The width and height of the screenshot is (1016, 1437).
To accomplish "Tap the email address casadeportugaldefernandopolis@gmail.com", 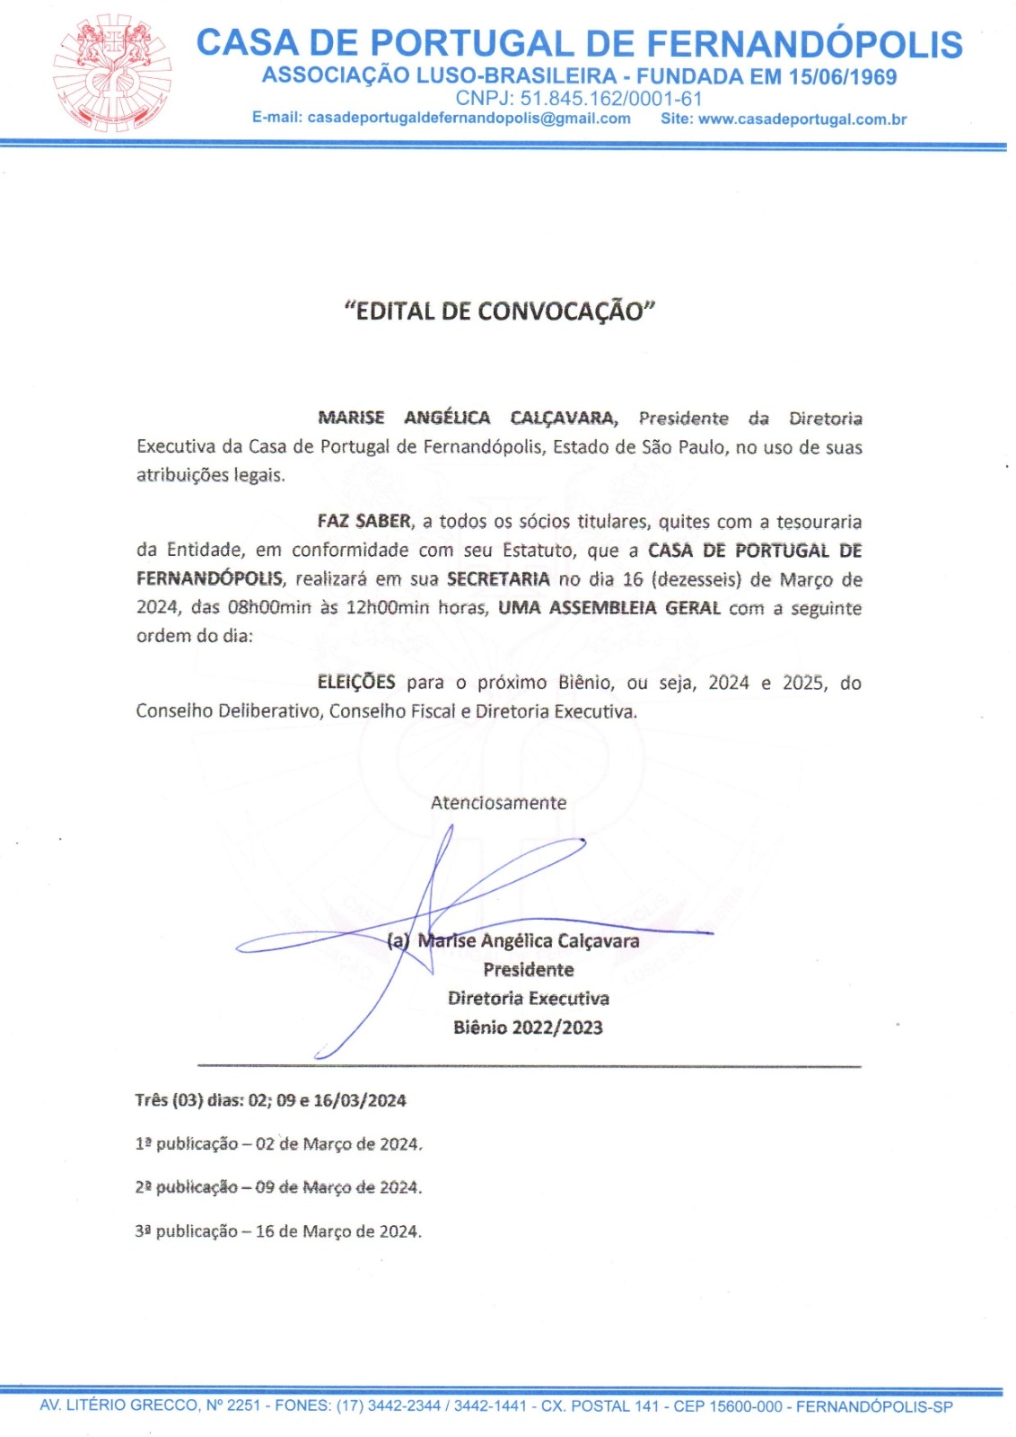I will tap(469, 119).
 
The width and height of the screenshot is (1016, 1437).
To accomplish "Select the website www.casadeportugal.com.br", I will tap(801, 119).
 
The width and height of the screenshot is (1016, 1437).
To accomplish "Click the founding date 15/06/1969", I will tap(843, 77).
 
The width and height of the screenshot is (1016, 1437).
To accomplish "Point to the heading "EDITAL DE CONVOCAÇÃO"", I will tap(500, 312).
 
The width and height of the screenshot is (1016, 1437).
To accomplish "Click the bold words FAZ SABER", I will tap(363, 522).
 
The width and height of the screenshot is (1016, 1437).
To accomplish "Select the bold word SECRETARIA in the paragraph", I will tap(497, 579).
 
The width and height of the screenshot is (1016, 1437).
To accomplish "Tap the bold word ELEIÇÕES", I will tap(355, 683).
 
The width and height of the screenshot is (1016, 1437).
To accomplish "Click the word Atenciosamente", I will tap(498, 803).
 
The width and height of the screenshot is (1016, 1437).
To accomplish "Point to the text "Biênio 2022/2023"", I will tap(528, 1027).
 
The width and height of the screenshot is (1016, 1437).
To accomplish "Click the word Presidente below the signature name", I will tap(528, 970).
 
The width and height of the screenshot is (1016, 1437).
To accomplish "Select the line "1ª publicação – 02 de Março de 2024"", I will tap(278, 1144).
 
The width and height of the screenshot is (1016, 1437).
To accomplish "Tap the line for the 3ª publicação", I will tap(278, 1231).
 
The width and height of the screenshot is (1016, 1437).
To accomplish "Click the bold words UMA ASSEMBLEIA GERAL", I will tap(609, 608).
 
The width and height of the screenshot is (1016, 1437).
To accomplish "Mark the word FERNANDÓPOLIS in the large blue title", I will tap(804, 44).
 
